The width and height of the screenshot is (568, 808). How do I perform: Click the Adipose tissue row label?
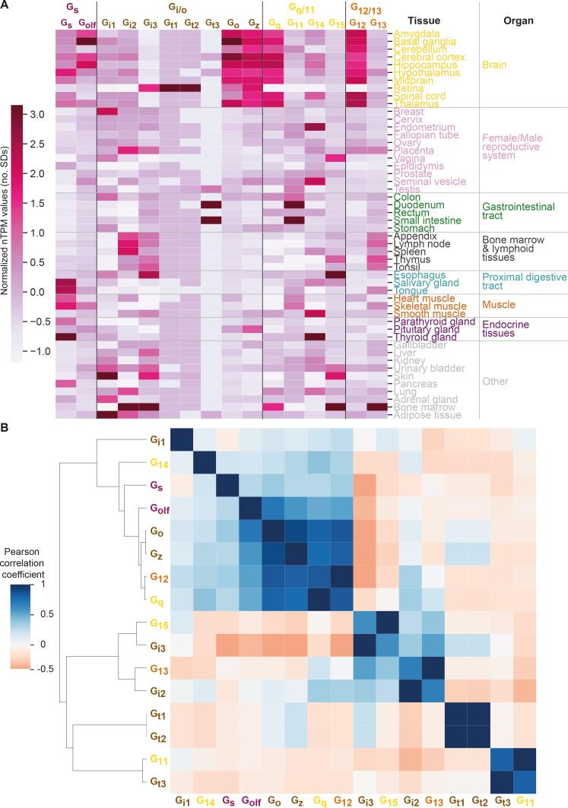[x=421, y=415]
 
